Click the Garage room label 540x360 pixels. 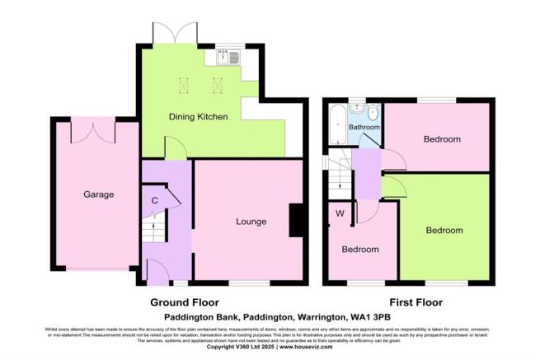click(x=98, y=194)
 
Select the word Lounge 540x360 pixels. click(x=250, y=221)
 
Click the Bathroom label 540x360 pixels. click(x=364, y=129)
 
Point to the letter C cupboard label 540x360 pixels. click(x=155, y=200)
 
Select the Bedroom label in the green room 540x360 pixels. click(x=444, y=231)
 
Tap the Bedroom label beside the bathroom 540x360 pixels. click(x=442, y=139)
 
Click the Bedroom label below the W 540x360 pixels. click(x=360, y=250)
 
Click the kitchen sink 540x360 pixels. click(x=226, y=58)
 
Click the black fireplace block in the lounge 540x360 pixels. click(x=296, y=221)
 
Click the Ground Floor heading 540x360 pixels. click(x=185, y=302)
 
